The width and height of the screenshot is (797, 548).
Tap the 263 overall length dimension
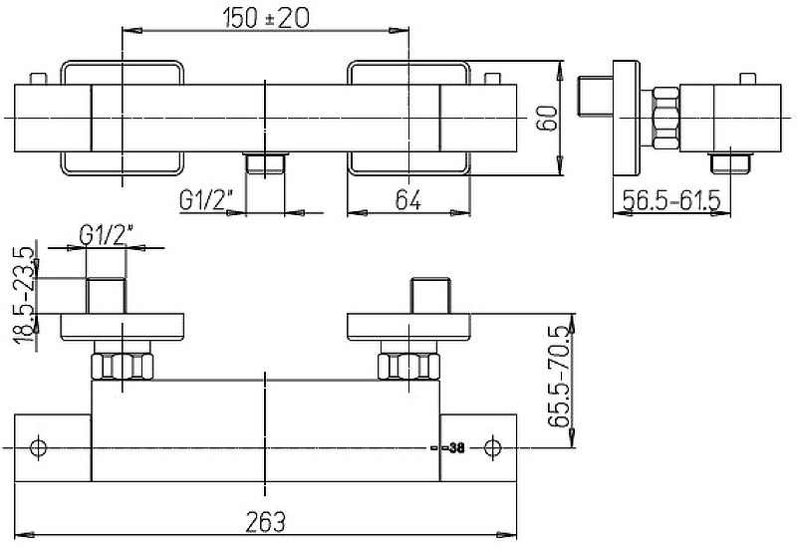[x=266, y=521]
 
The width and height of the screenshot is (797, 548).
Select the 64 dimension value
[x=407, y=200]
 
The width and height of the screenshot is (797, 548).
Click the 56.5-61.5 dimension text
[x=670, y=201]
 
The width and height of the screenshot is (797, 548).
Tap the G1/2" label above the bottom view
[x=108, y=236]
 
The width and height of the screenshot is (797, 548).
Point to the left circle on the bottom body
[x=39, y=447]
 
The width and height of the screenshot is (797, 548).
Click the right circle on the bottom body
[x=491, y=447]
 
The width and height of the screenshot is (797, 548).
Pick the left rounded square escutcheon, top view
[x=123, y=118]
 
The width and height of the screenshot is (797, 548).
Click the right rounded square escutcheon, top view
[x=407, y=118]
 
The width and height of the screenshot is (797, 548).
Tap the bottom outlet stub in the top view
[x=266, y=162]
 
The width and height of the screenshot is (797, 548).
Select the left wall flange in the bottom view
[x=123, y=326]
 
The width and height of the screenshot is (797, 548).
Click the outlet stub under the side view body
[x=730, y=161]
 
